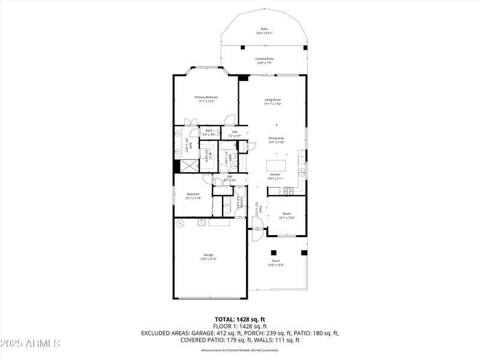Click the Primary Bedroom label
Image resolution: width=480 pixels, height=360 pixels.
coord(206,97)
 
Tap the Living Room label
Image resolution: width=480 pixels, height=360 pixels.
coord(273,100)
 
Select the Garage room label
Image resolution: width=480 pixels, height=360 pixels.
coord(208,255)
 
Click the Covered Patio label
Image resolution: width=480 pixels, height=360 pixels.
coord(265,59)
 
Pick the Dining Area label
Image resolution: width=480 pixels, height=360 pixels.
coord(276,139)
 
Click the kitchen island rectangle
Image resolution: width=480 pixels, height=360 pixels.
coord(276,166)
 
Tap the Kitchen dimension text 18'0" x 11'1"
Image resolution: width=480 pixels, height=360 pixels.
coord(275,178)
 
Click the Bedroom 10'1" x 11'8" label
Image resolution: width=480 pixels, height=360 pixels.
coord(193,194)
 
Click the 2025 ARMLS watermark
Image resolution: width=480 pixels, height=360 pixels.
coord(30,344)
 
